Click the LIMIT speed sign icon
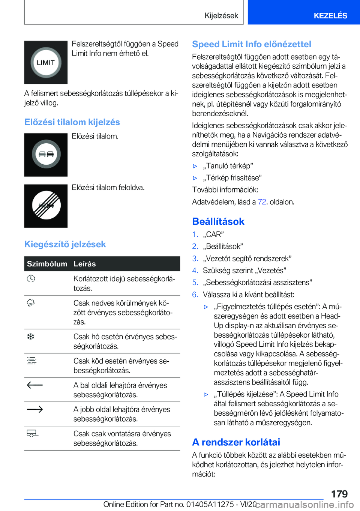click(46, 62)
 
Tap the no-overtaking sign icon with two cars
click(46, 155)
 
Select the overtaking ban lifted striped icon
click(46, 206)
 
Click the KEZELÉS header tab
click(330, 15)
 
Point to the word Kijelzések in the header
click(221, 15)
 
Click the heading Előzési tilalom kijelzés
click(72, 122)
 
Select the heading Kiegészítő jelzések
click(65, 244)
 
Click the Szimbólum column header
click(47, 264)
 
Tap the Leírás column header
click(84, 264)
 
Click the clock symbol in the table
click(31, 278)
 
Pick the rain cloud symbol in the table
click(31, 303)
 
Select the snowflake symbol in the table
click(31, 337)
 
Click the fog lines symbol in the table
click(31, 361)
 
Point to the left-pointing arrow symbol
click(35, 385)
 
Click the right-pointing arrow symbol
click(35, 409)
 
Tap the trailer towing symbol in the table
click(32, 434)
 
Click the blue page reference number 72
click(262, 202)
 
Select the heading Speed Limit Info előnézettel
click(252, 44)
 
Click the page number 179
click(339, 494)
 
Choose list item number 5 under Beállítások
click(195, 283)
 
